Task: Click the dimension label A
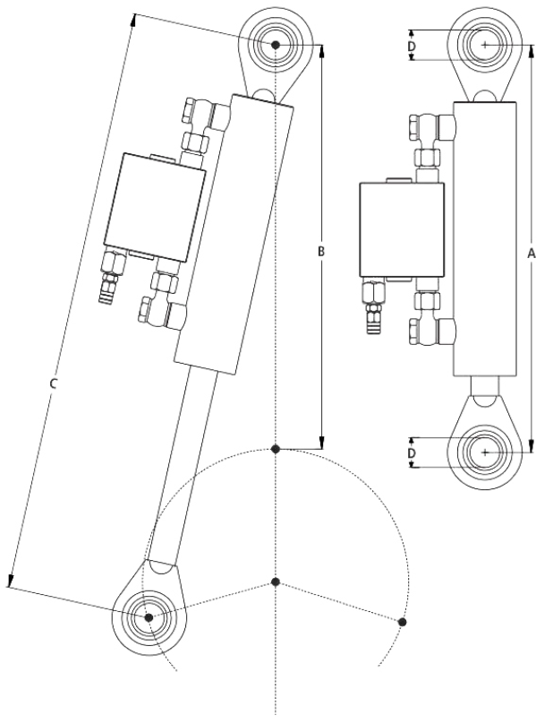tap(532, 254)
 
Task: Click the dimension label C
tap(54, 384)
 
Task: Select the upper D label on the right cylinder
tap(412, 43)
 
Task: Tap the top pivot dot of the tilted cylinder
tap(276, 44)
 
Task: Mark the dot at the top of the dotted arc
tap(276, 447)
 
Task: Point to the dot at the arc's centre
tap(276, 582)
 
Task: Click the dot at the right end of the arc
tap(403, 621)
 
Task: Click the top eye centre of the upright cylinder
tap(485, 43)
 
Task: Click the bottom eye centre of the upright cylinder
tap(485, 452)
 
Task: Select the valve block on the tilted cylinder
tap(154, 203)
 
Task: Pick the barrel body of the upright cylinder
tap(485, 237)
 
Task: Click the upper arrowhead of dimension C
tap(134, 17)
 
